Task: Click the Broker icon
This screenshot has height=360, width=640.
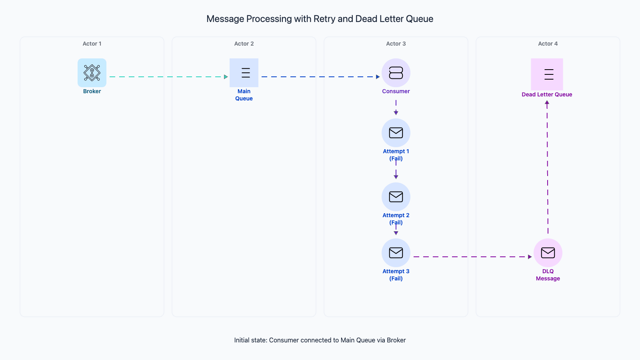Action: click(92, 73)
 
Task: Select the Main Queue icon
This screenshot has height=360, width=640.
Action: click(244, 73)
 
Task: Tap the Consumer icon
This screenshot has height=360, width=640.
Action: click(396, 73)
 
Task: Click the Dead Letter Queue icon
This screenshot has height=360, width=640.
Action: click(547, 74)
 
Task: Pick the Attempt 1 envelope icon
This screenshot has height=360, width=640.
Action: click(396, 133)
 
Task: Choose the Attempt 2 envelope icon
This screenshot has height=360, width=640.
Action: click(396, 197)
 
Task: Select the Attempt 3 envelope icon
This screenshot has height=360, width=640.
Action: click(396, 253)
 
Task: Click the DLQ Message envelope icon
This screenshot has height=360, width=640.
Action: click(548, 253)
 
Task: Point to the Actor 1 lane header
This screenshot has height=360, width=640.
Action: click(92, 44)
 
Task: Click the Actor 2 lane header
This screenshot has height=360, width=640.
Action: click(244, 44)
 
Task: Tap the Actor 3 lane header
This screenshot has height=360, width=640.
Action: click(396, 44)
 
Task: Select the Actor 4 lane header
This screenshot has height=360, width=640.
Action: click(548, 44)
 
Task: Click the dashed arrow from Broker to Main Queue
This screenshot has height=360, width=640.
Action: click(168, 77)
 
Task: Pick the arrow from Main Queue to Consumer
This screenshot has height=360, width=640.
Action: click(320, 77)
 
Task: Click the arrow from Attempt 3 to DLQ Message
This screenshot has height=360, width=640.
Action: click(472, 257)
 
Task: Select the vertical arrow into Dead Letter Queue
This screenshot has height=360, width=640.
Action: click(547, 168)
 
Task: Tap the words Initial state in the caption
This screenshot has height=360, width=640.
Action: click(250, 340)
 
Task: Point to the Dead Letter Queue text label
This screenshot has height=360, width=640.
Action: click(547, 94)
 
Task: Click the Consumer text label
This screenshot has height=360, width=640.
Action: click(396, 91)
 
